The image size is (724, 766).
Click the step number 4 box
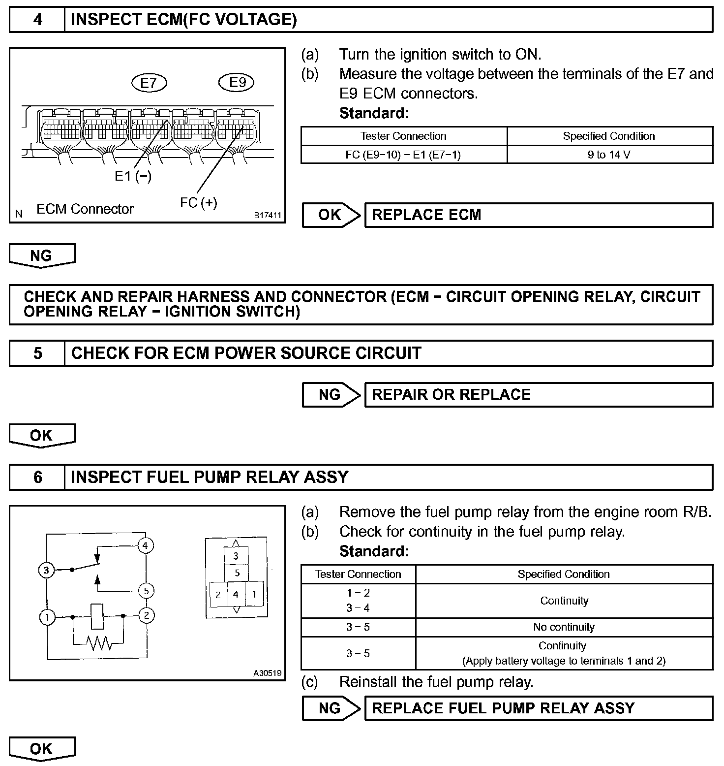37,20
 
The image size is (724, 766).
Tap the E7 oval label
149,83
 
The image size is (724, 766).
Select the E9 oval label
237,82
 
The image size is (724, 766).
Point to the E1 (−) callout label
133,176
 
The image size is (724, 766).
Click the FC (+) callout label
199,202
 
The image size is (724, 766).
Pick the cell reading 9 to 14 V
609,155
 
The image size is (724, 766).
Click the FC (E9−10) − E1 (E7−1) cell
403,155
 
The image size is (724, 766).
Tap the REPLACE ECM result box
539,215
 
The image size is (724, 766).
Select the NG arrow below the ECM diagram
42,255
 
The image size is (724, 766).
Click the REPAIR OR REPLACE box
539,395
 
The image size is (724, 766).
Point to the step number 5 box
37,353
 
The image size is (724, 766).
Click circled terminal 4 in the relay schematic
146,545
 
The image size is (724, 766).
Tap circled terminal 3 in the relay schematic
46,571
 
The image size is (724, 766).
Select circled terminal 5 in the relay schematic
146,591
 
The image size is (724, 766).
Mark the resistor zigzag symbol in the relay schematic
98,642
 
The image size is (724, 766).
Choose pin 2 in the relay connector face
218,595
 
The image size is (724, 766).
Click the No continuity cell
564,627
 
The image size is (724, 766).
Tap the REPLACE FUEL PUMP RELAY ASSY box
539,708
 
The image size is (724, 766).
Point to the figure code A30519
268,673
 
